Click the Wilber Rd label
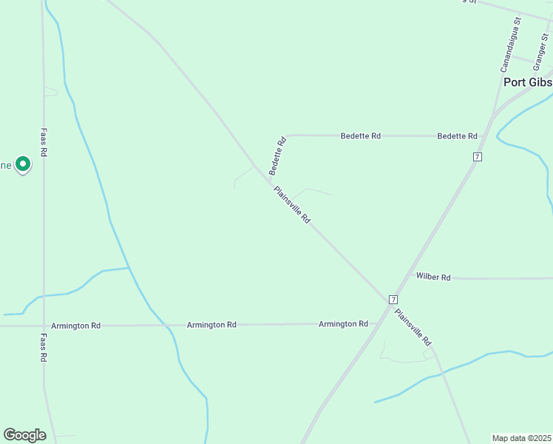(x=433, y=277)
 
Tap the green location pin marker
(x=23, y=164)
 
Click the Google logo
(x=24, y=434)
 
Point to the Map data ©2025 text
(x=522, y=438)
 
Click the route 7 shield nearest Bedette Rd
(x=478, y=157)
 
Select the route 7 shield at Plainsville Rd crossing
(x=393, y=299)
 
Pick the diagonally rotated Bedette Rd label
(x=277, y=155)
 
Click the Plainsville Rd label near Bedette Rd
(x=292, y=205)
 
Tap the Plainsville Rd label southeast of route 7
(x=413, y=327)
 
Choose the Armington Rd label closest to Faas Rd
(x=75, y=326)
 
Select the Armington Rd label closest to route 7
(x=343, y=324)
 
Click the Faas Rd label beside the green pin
(x=44, y=141)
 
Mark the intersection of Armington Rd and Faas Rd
(x=44, y=326)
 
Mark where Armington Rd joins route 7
(x=376, y=323)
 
